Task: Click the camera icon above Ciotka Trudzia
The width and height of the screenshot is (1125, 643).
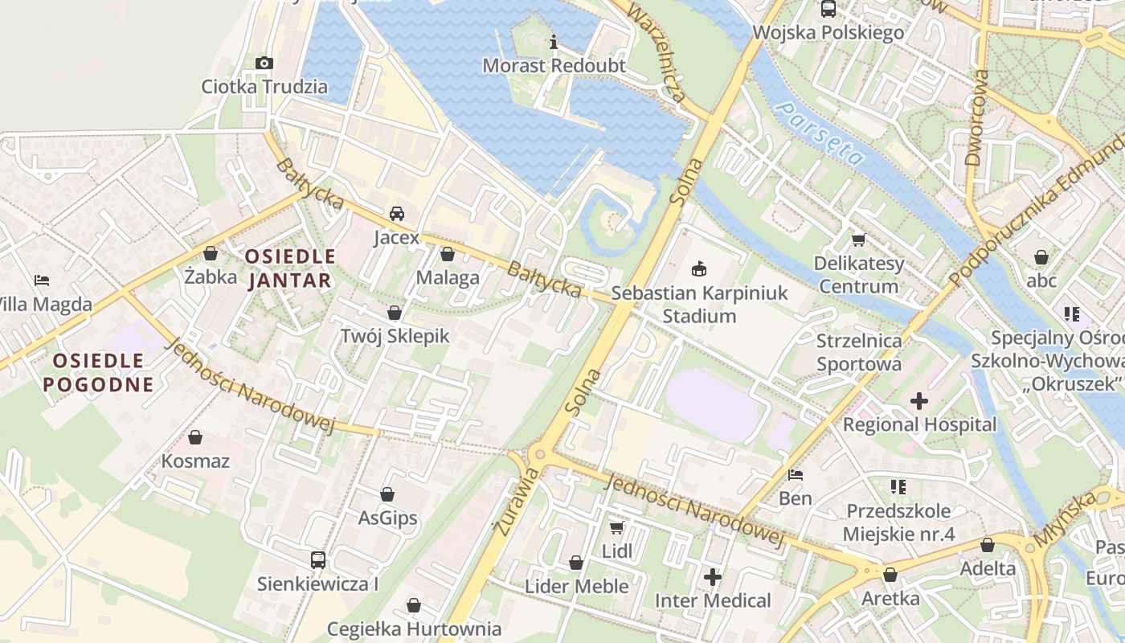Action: pos(264,63)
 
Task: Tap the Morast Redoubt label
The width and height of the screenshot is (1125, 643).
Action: pos(554,66)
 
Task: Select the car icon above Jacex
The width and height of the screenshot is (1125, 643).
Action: pos(396,214)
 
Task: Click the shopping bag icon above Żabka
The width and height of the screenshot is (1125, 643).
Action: pos(211,254)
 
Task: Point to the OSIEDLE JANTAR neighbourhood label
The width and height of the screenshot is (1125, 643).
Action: pos(290,268)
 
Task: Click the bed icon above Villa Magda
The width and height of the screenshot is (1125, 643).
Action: pos(42,281)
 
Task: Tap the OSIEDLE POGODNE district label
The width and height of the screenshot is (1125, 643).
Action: pos(98,372)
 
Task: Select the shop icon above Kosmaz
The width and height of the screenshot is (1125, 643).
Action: pos(195,437)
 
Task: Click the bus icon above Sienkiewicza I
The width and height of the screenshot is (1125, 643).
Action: pos(317,560)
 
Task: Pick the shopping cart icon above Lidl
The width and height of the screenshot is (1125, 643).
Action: pos(616,528)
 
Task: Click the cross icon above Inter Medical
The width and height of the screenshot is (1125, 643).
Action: pos(712,576)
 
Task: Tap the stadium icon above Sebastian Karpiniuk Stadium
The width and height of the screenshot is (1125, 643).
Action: pos(699,269)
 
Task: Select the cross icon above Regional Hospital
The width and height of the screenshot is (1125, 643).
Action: pos(919,400)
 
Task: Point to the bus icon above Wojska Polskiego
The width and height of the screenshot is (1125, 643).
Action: pos(828,10)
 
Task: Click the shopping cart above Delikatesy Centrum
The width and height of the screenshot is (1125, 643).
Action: pos(858,240)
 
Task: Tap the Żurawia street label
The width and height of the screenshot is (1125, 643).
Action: pos(505,504)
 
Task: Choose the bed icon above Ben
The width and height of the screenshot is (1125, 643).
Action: pos(796,475)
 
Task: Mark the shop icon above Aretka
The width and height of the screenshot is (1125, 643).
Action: pos(890,575)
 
